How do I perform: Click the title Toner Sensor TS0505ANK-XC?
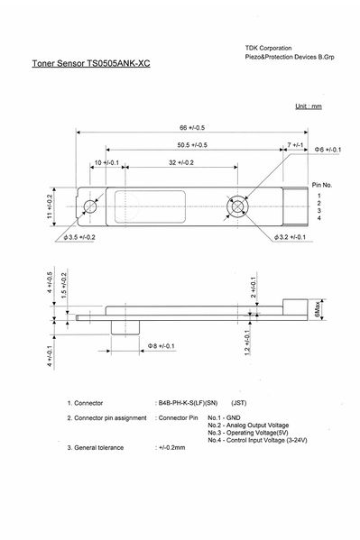pos(91,63)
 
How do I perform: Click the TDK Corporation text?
pos(268,48)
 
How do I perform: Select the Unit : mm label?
pos(309,106)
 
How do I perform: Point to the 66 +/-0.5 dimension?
pos(192,127)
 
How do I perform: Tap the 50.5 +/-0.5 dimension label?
pos(192,145)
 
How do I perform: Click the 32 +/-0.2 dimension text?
pos(181,162)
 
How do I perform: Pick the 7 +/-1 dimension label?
pos(295,145)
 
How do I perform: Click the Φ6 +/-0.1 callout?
pos(328,150)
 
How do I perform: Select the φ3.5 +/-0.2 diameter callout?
pos(79,237)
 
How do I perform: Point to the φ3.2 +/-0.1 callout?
pos(290,237)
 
